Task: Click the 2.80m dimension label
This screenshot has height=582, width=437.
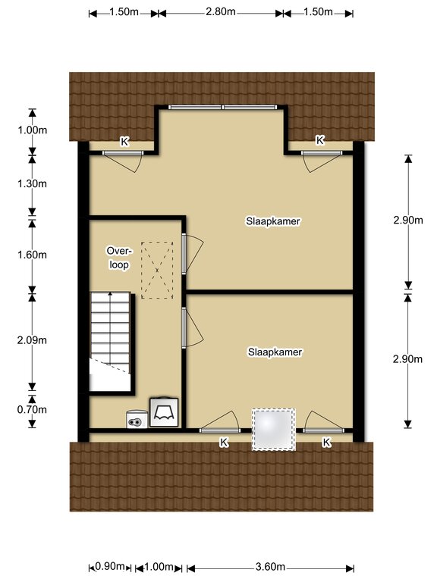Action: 221,11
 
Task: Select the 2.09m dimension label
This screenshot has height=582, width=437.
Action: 32,340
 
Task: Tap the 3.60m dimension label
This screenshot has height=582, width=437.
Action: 270,567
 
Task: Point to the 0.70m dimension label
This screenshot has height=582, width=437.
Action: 32,409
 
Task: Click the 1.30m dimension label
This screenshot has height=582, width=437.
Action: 33,183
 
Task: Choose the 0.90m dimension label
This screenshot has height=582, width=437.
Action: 109,566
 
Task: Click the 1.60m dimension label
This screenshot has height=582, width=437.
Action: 33,255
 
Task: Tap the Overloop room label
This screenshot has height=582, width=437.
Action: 119,258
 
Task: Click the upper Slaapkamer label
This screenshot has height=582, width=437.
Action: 273,221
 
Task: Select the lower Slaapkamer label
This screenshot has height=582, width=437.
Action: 275,352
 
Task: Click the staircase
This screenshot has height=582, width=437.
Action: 110,341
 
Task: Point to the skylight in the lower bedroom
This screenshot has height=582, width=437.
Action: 273,430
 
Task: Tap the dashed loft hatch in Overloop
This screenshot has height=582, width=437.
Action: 157,270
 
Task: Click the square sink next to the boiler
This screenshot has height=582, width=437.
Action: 164,412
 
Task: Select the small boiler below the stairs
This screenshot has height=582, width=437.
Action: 137,419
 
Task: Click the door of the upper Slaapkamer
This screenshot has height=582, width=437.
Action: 193,255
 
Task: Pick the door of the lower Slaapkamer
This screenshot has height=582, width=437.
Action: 193,327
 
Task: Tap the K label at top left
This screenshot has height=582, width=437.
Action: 124,142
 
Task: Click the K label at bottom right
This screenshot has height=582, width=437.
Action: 327,442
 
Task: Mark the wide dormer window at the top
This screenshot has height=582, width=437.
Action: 223,108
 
